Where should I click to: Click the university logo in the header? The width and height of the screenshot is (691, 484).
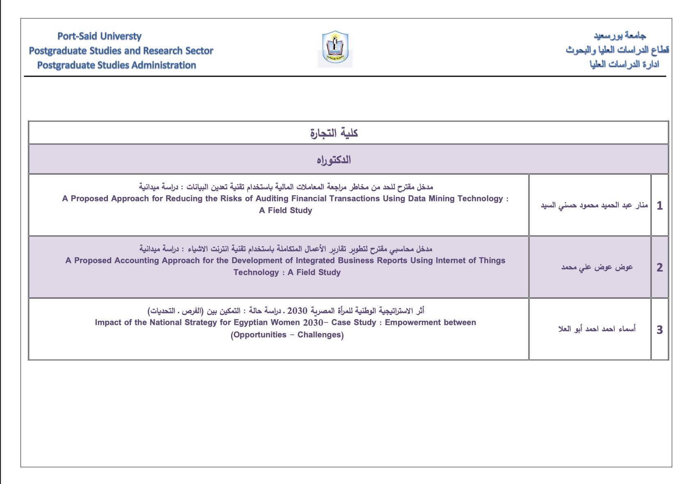(335, 48)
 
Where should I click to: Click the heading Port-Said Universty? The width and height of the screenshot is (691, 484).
(99, 36)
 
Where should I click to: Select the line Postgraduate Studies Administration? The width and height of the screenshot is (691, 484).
(117, 65)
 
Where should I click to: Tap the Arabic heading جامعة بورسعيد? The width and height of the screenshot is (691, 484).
(620, 36)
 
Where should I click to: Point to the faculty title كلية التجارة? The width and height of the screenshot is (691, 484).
(334, 133)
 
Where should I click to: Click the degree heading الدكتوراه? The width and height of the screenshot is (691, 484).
(334, 160)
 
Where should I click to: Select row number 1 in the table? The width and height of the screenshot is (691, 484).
(659, 205)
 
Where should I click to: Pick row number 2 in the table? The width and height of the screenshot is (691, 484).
(659, 267)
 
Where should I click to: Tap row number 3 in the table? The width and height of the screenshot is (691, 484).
(659, 330)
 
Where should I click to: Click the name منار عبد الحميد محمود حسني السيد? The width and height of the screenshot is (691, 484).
(594, 205)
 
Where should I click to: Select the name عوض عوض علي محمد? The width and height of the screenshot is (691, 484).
(597, 267)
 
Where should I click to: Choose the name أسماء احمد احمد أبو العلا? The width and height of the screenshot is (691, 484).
(597, 329)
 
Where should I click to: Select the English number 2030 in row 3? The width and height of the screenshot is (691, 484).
(313, 323)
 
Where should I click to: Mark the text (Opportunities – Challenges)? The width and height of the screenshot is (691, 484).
(287, 335)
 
